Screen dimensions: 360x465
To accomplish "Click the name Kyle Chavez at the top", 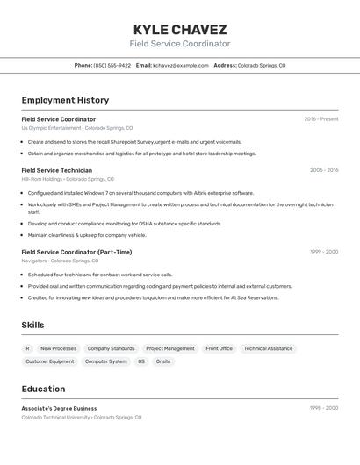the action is (180, 29).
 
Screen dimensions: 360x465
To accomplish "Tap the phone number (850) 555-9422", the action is (112, 65).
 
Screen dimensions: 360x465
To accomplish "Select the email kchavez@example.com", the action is (180, 65).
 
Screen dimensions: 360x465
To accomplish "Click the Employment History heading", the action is (65, 100).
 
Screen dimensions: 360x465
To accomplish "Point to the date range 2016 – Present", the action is (320, 119).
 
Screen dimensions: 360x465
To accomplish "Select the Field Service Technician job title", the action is (56, 170).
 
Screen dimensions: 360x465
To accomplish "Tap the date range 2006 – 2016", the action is (323, 170).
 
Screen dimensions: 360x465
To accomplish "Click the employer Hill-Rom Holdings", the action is (42, 179).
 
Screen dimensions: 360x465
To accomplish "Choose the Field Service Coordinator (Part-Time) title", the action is (76, 252).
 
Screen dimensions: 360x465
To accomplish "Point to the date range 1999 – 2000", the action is (323, 252).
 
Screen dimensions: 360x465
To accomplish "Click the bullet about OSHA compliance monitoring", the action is (125, 224).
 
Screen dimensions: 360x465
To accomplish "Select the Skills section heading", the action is (32, 325).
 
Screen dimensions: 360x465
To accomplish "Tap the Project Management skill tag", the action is (169, 348).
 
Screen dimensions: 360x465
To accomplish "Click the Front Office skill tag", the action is (219, 348).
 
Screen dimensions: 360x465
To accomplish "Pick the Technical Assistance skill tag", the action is (268, 348).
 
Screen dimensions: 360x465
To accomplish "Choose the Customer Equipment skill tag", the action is (50, 361).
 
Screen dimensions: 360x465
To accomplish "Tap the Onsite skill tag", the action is (163, 361).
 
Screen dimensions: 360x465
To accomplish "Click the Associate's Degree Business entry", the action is (59, 408).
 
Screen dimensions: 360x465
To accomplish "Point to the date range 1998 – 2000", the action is (323, 408).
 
